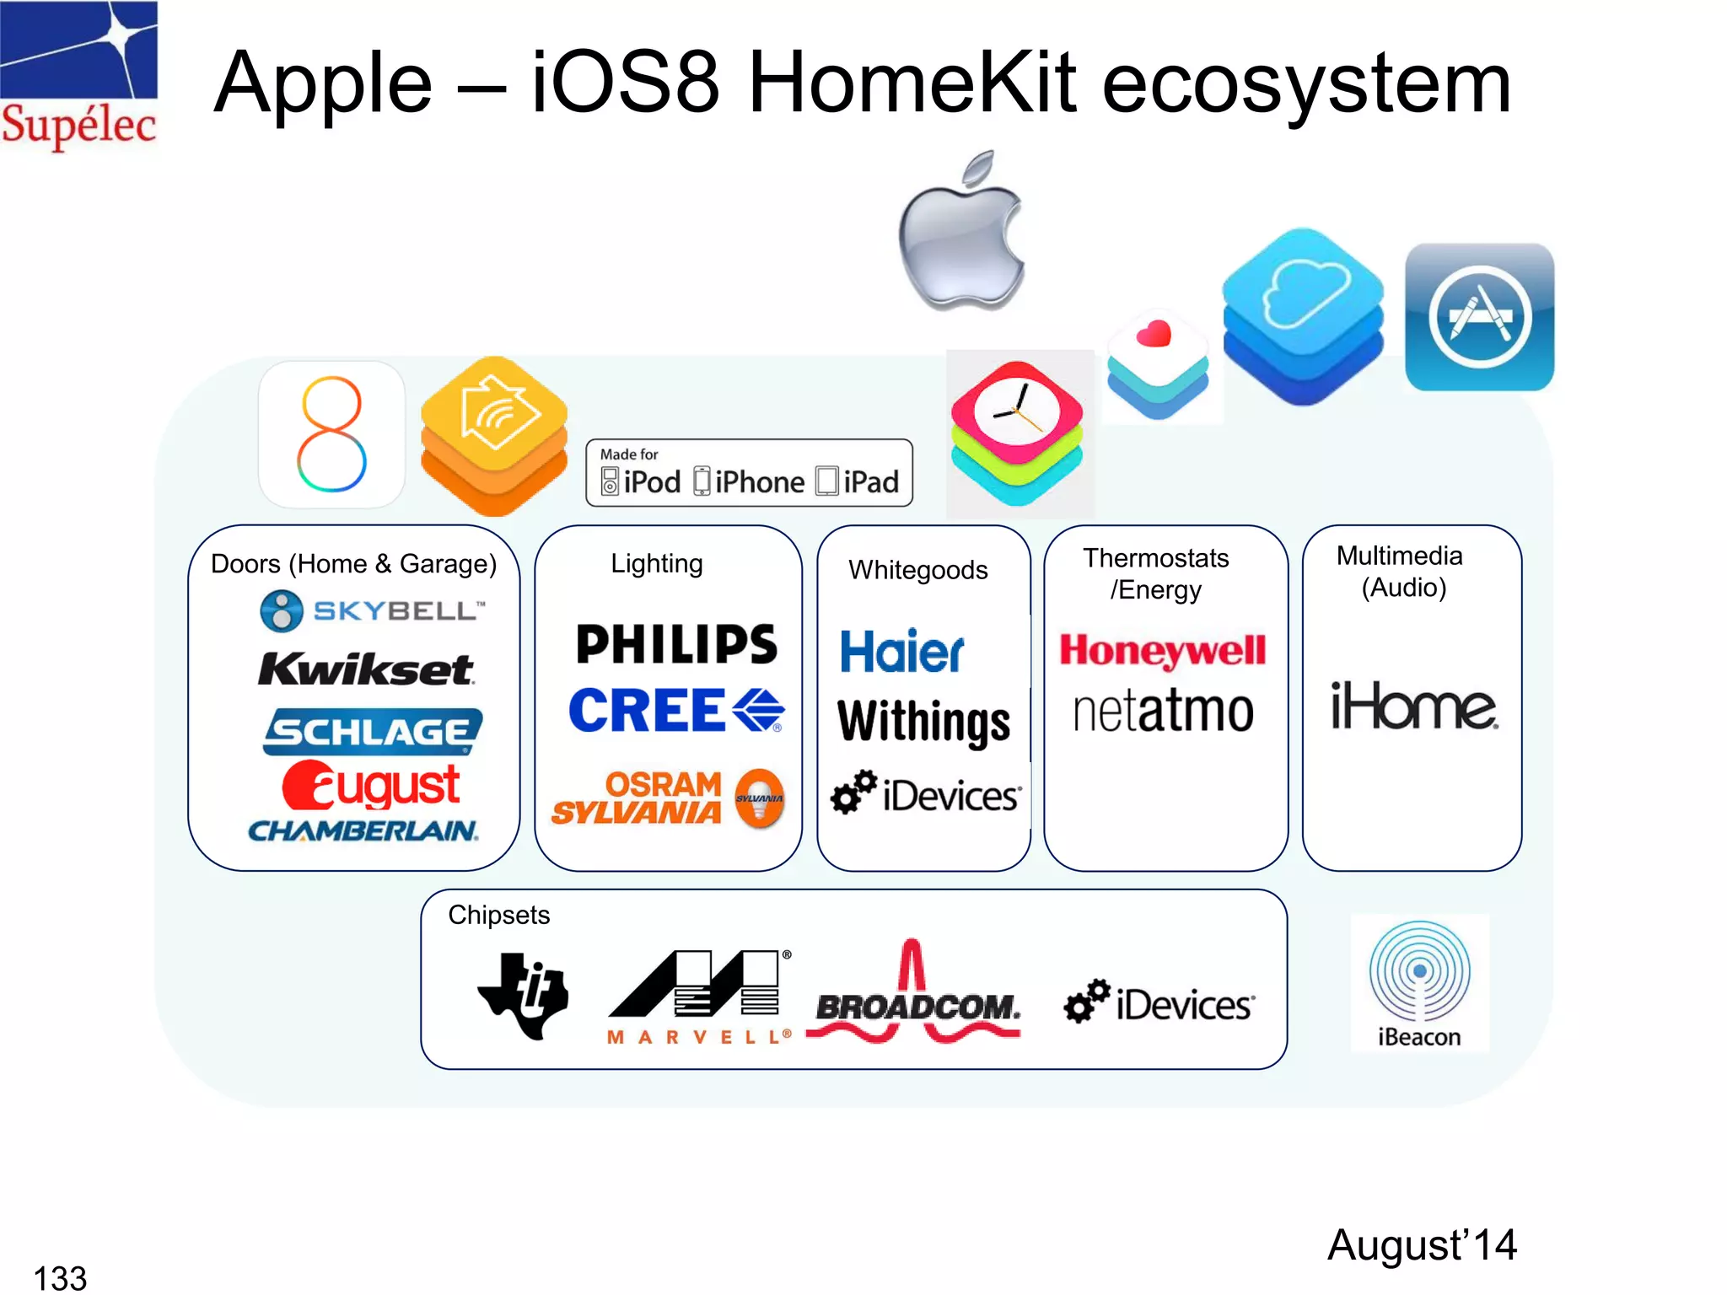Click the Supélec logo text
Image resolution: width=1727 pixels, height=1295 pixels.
pyautogui.click(x=78, y=125)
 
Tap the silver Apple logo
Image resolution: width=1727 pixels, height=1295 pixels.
pyautogui.click(x=961, y=236)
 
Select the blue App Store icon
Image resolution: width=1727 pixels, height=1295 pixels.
pyautogui.click(x=1479, y=317)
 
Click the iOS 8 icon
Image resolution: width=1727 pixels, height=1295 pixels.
pyautogui.click(x=331, y=434)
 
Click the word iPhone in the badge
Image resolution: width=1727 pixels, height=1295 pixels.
pyautogui.click(x=759, y=482)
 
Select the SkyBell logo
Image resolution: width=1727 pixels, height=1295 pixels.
pyautogui.click(x=372, y=610)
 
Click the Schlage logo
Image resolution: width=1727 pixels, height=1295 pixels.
pyautogui.click(x=372, y=731)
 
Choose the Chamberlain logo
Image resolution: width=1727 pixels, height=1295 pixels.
pyautogui.click(x=363, y=831)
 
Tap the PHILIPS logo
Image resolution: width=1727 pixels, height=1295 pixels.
pyautogui.click(x=676, y=645)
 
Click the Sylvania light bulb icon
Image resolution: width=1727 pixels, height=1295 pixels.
pyautogui.click(x=760, y=798)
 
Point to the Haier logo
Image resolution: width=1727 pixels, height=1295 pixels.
pyautogui.click(x=901, y=652)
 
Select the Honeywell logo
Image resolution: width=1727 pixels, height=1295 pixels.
pyautogui.click(x=1163, y=651)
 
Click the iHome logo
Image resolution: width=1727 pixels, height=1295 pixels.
pyautogui.click(x=1413, y=707)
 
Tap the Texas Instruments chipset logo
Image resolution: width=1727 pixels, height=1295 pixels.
pyautogui.click(x=524, y=995)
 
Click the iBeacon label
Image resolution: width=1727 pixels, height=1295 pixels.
pyautogui.click(x=1418, y=1037)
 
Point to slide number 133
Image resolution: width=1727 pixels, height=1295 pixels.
pyautogui.click(x=60, y=1277)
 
